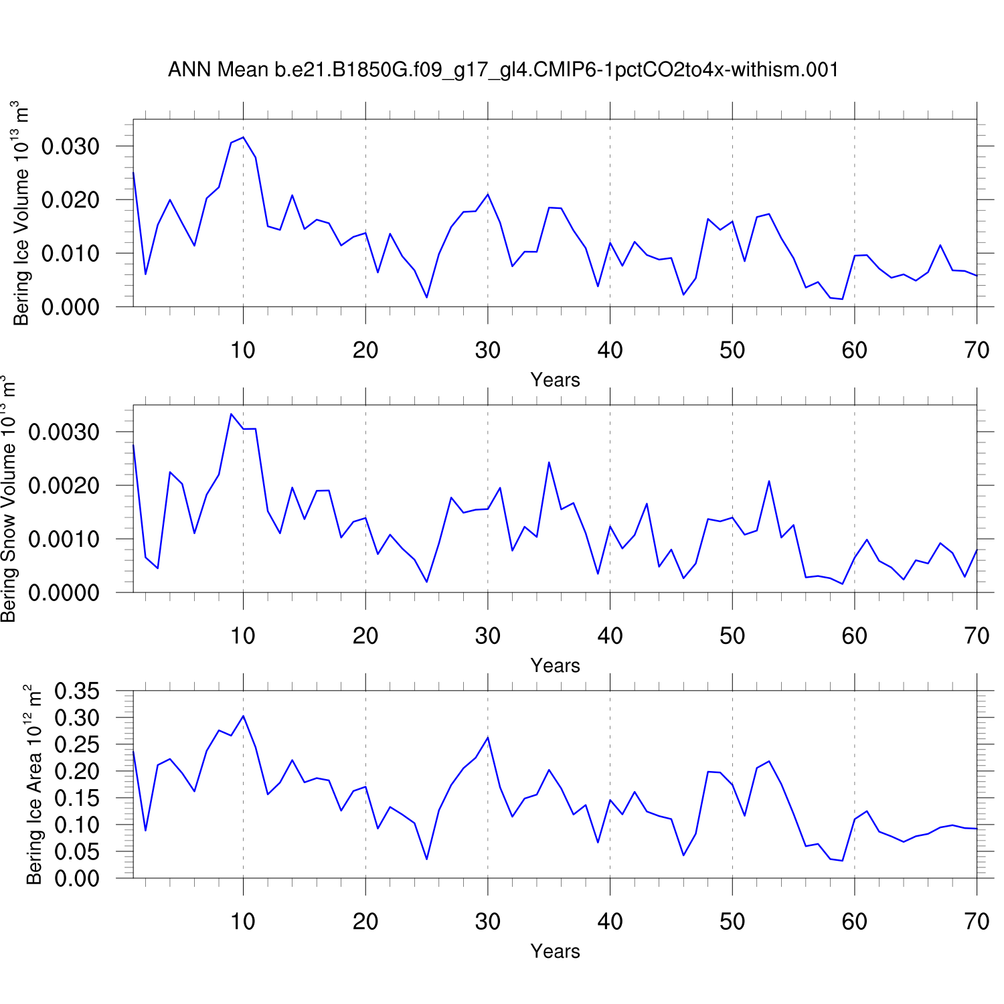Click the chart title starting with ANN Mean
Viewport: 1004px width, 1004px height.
pos(503,70)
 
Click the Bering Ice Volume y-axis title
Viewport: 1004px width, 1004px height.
pos(21,214)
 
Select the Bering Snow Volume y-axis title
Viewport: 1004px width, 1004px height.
pos(8,499)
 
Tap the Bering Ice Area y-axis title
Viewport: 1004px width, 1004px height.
pos(33,784)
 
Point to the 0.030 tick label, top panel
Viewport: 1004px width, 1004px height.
pos(70,147)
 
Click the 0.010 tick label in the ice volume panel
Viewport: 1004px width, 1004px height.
pos(70,254)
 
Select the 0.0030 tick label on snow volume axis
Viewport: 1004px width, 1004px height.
pos(64,432)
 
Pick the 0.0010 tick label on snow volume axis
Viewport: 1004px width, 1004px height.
pos(64,539)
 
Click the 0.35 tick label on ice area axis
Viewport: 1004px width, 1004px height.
pos(76,691)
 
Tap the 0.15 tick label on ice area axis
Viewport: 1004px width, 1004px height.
pos(76,799)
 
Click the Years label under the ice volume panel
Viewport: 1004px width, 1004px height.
pos(555,380)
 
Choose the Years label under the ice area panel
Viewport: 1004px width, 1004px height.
pos(555,951)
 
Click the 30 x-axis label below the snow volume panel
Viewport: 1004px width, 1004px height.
pos(488,636)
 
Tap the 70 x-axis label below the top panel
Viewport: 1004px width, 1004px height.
pos(977,350)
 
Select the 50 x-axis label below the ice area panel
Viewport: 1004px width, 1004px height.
pos(732,922)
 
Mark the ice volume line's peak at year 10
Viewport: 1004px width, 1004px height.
pos(243,137)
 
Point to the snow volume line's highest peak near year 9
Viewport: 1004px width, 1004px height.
pos(231,414)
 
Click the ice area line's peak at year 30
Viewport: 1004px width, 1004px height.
pos(488,738)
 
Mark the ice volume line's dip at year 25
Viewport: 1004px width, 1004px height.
pos(426,297)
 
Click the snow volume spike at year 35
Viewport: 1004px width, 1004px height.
pos(549,463)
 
